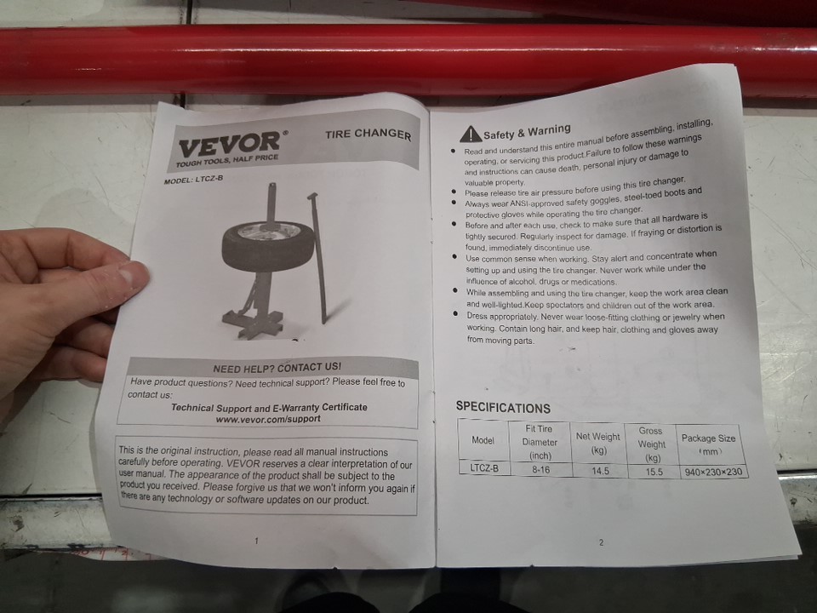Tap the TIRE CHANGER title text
[x=369, y=134]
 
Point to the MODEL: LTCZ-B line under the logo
[x=193, y=180]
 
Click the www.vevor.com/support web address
[x=268, y=419]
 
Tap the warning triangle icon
[x=471, y=134]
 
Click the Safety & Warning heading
[x=527, y=132]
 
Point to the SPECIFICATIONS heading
[x=503, y=407]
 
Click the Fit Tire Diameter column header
[x=540, y=442]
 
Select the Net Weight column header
[x=598, y=443]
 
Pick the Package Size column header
[x=709, y=444]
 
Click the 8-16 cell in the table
[x=541, y=470]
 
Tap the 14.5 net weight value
[x=600, y=471]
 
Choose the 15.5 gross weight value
[x=654, y=472]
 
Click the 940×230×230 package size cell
[x=713, y=473]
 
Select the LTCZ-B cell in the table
[x=484, y=468]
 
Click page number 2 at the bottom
[x=602, y=542]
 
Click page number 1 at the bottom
[x=256, y=541]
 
